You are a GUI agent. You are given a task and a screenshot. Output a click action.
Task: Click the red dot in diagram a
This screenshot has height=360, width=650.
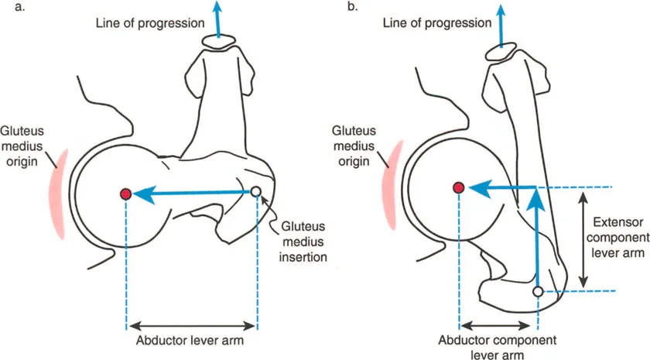pos(125,194)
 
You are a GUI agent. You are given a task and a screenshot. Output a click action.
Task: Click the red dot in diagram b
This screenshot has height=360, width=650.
pos(459,187)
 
